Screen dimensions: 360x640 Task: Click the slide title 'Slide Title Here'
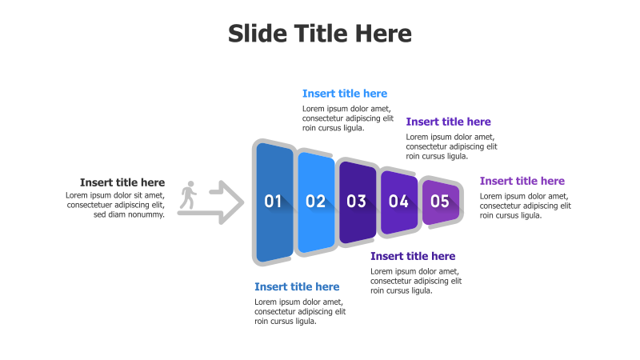[320, 34]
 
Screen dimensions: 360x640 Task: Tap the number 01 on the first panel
[274, 202]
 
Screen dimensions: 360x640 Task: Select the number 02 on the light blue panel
[315, 202]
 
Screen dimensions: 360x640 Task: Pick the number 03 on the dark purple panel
[357, 202]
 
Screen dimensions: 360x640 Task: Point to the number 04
[398, 202]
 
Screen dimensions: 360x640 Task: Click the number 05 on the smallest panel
[440, 202]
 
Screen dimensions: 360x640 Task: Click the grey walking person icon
[189, 195]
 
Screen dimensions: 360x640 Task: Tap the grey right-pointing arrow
[226, 202]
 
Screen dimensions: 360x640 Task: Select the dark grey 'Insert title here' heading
[122, 182]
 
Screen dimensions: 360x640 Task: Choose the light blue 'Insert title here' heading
[345, 94]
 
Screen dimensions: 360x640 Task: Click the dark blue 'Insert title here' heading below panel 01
[297, 286]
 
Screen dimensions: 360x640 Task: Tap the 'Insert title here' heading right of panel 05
[522, 181]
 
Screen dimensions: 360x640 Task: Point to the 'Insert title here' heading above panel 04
[448, 122]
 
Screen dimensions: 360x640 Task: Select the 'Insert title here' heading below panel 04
[413, 256]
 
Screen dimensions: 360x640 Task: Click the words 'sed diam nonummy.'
[129, 214]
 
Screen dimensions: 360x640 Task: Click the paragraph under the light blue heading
[348, 118]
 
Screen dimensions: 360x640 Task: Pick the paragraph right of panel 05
[526, 206]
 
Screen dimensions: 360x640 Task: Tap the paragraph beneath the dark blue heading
[300, 311]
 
